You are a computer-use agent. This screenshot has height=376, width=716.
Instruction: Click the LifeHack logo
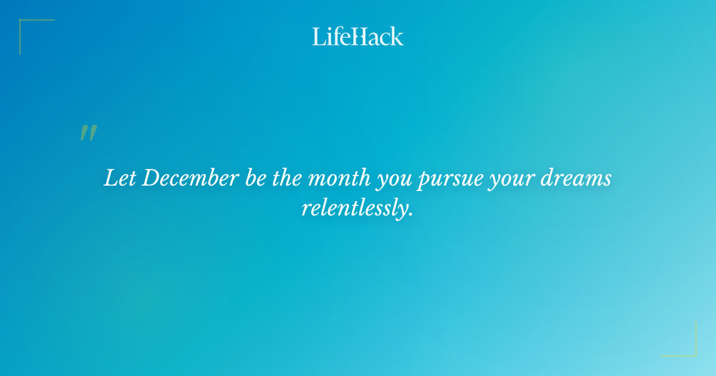(x=358, y=36)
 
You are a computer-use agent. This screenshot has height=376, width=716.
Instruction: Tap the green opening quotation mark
(x=88, y=133)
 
